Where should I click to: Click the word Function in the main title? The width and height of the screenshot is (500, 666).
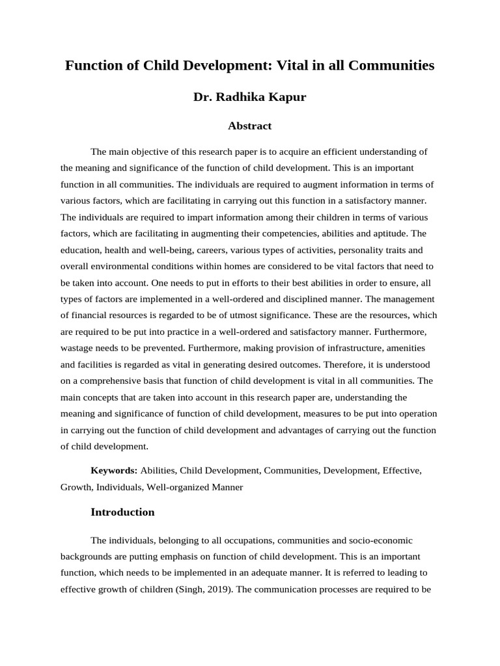point(91,66)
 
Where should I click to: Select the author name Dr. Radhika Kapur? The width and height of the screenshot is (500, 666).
point(249,97)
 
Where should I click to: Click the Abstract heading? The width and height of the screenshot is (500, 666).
point(249,126)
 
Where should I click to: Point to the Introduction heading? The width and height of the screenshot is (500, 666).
point(122,512)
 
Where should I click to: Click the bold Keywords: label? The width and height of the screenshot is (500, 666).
point(114,470)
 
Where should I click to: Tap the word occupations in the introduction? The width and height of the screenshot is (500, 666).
point(228,540)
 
